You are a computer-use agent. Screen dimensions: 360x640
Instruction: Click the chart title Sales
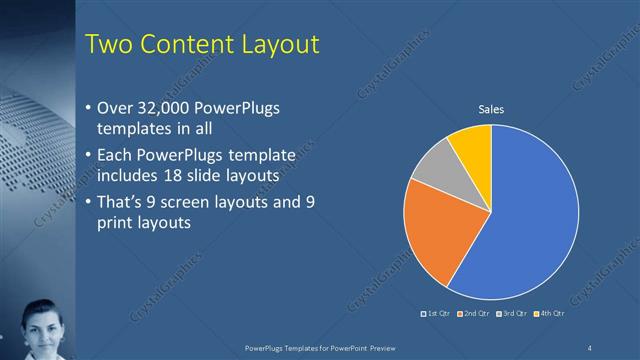(490, 109)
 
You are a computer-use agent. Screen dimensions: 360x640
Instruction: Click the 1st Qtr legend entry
(436, 315)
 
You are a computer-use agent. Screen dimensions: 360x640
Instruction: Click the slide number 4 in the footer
(589, 347)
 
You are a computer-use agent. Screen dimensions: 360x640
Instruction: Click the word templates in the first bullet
(131, 129)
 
